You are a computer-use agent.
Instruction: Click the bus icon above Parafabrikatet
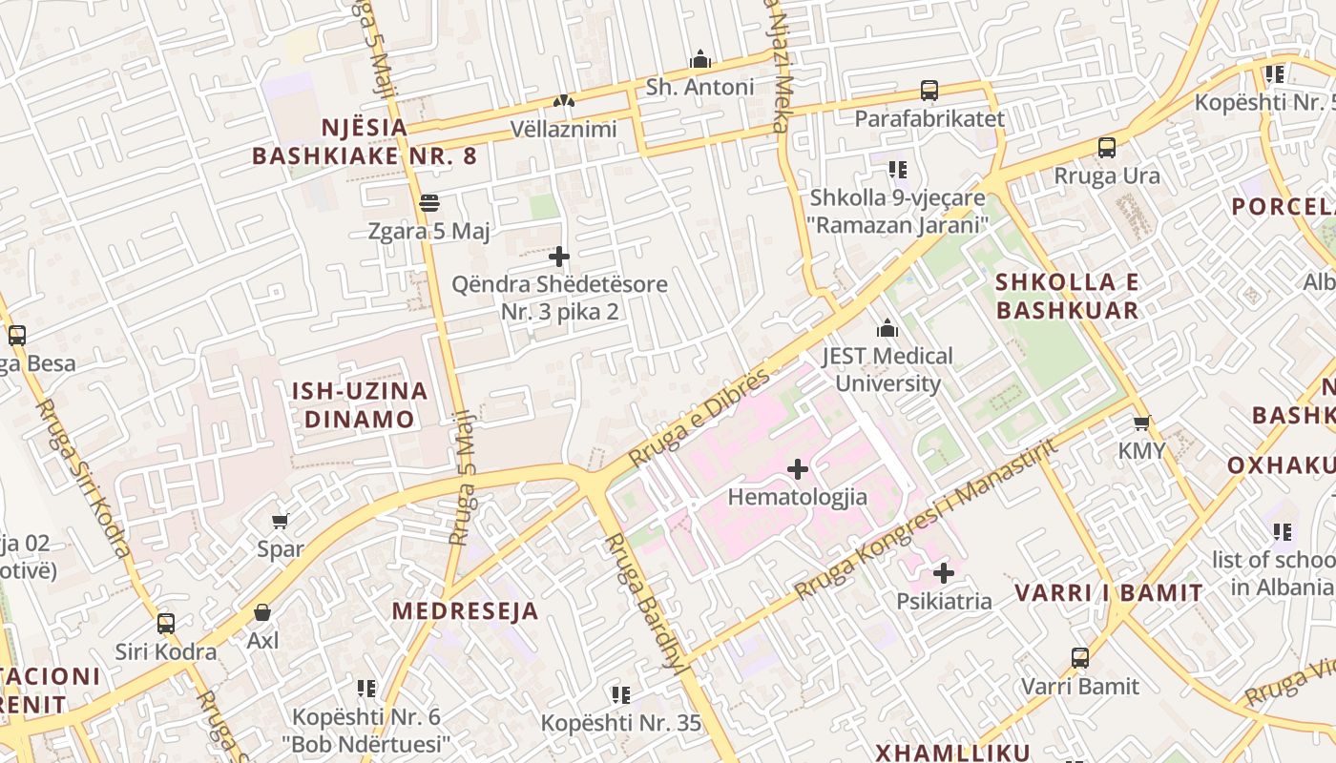pyautogui.click(x=929, y=91)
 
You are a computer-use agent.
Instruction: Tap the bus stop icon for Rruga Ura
pyautogui.click(x=1107, y=148)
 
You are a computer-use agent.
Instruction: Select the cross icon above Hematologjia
pyautogui.click(x=798, y=469)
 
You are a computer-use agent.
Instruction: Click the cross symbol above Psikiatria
pyautogui.click(x=944, y=573)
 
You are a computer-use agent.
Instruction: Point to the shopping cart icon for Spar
pyautogui.click(x=281, y=521)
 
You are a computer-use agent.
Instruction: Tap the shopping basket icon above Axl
pyautogui.click(x=262, y=612)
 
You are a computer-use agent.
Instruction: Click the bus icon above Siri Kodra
pyautogui.click(x=166, y=624)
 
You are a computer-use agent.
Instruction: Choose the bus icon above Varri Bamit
pyautogui.click(x=1080, y=658)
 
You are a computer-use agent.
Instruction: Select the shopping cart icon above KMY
pyautogui.click(x=1141, y=423)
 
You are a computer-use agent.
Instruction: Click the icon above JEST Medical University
pyautogui.click(x=887, y=328)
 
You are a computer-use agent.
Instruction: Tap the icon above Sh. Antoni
pyautogui.click(x=700, y=59)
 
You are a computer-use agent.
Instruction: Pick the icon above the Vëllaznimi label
pyautogui.click(x=563, y=100)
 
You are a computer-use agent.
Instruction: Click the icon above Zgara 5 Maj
pyautogui.click(x=429, y=202)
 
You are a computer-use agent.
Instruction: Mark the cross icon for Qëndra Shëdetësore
pyautogui.click(x=559, y=256)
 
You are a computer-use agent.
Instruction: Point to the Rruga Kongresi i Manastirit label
pyautogui.click(x=926, y=520)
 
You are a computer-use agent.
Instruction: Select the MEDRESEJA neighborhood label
pyautogui.click(x=465, y=611)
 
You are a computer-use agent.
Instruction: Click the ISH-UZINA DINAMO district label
pyautogui.click(x=359, y=404)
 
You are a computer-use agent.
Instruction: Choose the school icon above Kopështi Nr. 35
pyautogui.click(x=621, y=694)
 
